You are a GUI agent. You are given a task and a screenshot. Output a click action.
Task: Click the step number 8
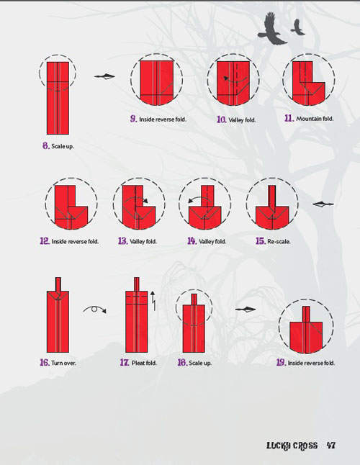tap(45, 145)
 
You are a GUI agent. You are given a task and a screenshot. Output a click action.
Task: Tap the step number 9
tap(134, 119)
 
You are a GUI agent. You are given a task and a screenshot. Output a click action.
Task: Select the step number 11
tap(289, 118)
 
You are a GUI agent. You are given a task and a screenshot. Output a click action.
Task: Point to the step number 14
tap(192, 241)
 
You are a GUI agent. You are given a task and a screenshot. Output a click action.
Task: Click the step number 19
tap(281, 362)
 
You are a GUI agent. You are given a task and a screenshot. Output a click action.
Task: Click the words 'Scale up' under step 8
tap(62, 146)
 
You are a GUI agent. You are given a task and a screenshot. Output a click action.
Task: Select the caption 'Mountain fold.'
tap(315, 119)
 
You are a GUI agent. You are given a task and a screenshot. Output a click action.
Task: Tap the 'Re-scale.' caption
tap(279, 241)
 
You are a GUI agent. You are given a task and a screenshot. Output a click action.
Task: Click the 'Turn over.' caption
tap(63, 363)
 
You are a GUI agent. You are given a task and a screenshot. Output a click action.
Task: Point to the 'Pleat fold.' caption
tap(144, 363)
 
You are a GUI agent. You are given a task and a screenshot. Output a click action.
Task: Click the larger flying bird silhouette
tap(272, 29)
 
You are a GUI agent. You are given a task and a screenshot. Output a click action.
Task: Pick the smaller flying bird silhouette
tap(297, 27)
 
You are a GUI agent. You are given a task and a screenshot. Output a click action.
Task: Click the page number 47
tap(331, 446)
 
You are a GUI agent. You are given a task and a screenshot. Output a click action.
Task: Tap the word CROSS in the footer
tap(305, 446)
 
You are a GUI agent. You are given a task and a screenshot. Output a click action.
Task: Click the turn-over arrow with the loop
tap(94, 310)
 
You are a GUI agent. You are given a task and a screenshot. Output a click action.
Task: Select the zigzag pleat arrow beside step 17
tap(153, 301)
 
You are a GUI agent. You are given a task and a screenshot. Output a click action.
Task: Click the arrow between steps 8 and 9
tap(104, 76)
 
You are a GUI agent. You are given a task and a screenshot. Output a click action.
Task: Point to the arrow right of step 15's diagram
tap(323, 204)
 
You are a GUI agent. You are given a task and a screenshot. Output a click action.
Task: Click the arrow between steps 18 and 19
tap(246, 310)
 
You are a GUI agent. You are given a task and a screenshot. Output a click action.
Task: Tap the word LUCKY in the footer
tap(279, 446)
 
